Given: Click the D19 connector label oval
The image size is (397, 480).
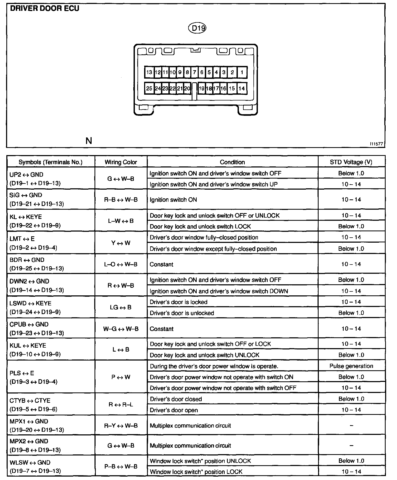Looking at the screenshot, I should [197, 28].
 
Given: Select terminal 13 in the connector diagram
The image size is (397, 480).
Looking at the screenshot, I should [149, 72].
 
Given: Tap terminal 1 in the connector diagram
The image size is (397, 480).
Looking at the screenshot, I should [242, 72].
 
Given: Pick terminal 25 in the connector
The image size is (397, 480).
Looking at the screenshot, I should [149, 88].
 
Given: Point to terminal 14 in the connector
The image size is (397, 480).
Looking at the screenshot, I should [242, 88].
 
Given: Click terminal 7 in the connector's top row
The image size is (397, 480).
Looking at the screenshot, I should [195, 72].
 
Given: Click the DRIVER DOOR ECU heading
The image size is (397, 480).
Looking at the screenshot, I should [44, 8].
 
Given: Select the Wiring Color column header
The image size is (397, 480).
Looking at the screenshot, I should [121, 162].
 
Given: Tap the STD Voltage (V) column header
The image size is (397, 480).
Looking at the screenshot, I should [351, 162].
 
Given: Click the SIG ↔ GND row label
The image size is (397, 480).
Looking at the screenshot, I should [26, 195].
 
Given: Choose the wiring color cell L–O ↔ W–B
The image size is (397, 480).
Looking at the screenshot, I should [121, 264].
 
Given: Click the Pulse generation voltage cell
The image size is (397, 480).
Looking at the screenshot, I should [351, 366].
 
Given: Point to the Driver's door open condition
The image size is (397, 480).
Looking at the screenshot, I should [174, 410].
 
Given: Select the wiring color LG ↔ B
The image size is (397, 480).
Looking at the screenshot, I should [121, 307].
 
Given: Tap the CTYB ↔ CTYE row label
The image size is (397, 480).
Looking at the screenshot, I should [30, 401].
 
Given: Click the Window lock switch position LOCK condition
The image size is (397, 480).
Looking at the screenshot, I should [196, 472].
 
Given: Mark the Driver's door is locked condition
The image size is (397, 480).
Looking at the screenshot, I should [178, 302].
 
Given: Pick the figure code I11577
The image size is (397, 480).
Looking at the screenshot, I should [376, 144].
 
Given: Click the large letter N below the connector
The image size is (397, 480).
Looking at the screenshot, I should [89, 141].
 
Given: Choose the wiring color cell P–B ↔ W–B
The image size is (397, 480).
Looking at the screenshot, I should [121, 466].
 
